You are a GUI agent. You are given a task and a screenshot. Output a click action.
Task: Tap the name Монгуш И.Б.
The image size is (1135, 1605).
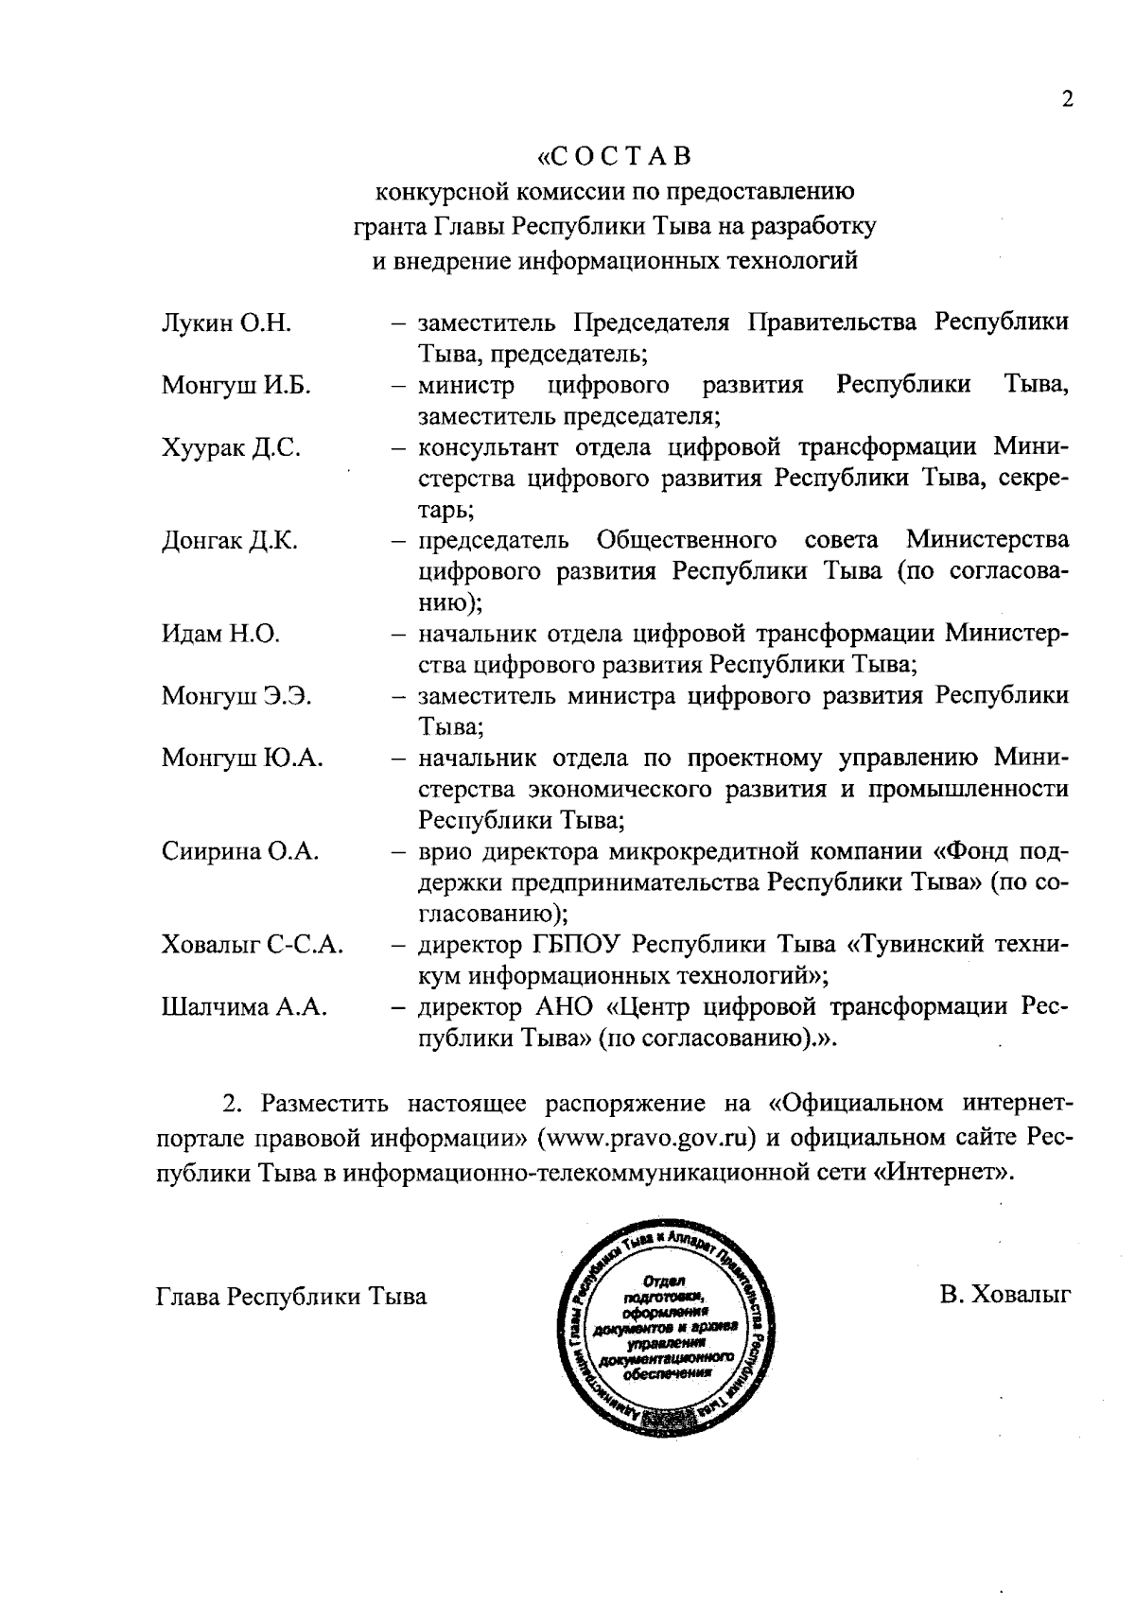(x=236, y=386)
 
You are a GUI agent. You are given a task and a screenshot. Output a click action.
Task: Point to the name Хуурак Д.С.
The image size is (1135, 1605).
(x=231, y=448)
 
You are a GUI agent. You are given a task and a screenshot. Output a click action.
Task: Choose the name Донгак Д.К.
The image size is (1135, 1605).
(x=230, y=541)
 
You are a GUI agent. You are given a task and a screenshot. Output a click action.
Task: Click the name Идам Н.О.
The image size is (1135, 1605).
(x=220, y=634)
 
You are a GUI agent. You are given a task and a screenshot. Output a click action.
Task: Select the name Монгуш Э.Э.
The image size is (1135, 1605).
(x=236, y=697)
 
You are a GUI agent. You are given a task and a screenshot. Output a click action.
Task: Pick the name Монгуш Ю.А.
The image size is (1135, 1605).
(x=242, y=759)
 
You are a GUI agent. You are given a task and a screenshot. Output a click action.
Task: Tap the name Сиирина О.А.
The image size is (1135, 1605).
(x=240, y=851)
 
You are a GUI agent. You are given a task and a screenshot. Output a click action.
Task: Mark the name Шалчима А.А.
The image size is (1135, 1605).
(x=244, y=1007)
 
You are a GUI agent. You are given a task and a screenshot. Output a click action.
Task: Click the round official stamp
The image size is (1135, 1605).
(x=667, y=1325)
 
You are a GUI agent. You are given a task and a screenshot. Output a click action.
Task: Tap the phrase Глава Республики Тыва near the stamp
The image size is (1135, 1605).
(x=291, y=1296)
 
